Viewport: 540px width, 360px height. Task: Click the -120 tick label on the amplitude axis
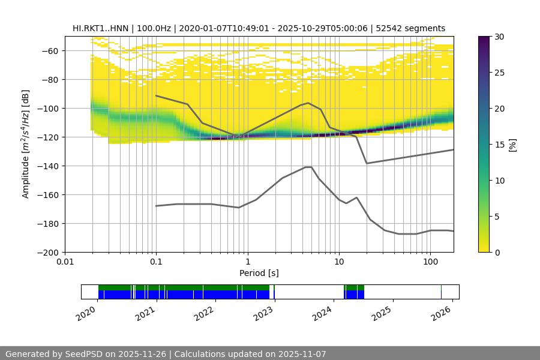49,137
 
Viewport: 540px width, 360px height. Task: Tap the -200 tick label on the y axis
49,252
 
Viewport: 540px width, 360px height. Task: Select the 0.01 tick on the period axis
65,262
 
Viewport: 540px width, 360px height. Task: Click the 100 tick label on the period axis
430,262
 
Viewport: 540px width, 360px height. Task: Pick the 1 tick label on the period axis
247,262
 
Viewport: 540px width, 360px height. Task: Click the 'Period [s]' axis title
259,273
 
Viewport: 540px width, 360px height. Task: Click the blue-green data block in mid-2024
354,292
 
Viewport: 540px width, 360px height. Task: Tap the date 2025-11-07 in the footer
298,354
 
